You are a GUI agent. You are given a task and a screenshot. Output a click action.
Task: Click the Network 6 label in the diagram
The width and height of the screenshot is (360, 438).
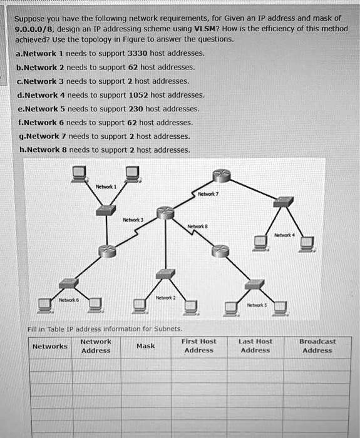click(x=69, y=300)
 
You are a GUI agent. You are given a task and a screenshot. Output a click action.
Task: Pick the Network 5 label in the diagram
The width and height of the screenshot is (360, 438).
click(x=258, y=305)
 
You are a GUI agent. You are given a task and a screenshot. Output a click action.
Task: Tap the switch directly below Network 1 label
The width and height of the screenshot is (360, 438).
click(x=105, y=211)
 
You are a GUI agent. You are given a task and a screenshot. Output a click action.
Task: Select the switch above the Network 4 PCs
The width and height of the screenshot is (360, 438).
click(x=284, y=201)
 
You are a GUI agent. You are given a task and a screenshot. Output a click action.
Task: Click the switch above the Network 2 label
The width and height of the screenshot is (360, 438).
click(x=165, y=273)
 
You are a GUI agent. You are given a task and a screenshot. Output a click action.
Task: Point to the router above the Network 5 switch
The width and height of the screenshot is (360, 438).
click(x=218, y=251)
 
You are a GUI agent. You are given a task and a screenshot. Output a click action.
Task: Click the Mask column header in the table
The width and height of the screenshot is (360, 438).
click(x=145, y=346)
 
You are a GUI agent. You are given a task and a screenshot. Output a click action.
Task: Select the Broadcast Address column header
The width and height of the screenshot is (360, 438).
click(x=317, y=346)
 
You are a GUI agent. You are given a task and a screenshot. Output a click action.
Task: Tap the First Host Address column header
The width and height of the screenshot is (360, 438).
click(x=198, y=346)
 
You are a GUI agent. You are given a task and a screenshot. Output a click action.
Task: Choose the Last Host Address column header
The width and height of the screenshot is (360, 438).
click(x=255, y=346)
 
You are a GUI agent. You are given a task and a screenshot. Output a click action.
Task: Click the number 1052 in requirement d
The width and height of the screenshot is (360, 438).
click(x=140, y=95)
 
